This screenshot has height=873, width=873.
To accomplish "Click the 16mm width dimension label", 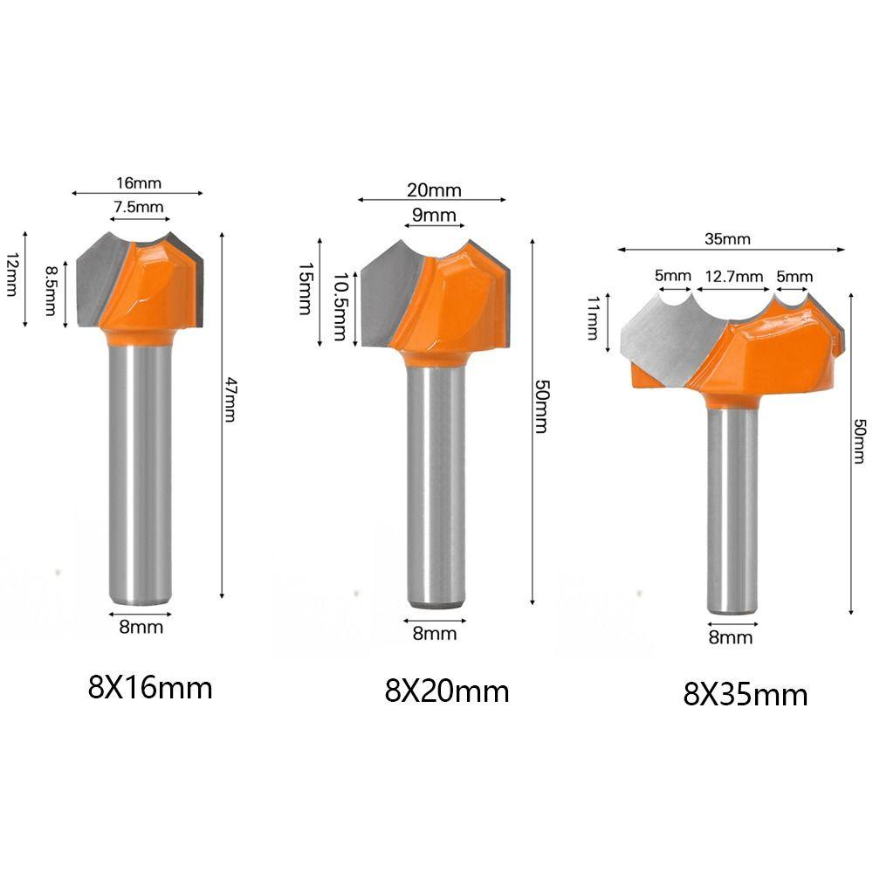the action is click(139, 182).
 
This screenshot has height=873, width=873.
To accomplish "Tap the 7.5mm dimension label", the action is click(139, 207).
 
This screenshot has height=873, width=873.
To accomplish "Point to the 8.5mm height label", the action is click(51, 291).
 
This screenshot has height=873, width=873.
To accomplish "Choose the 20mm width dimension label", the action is click(434, 190).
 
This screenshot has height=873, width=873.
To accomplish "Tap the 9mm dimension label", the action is click(434, 215).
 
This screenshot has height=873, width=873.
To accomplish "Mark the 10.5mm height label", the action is click(340, 306).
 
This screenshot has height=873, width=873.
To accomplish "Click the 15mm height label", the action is click(305, 289).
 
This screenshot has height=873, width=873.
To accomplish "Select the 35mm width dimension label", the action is click(727, 239).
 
